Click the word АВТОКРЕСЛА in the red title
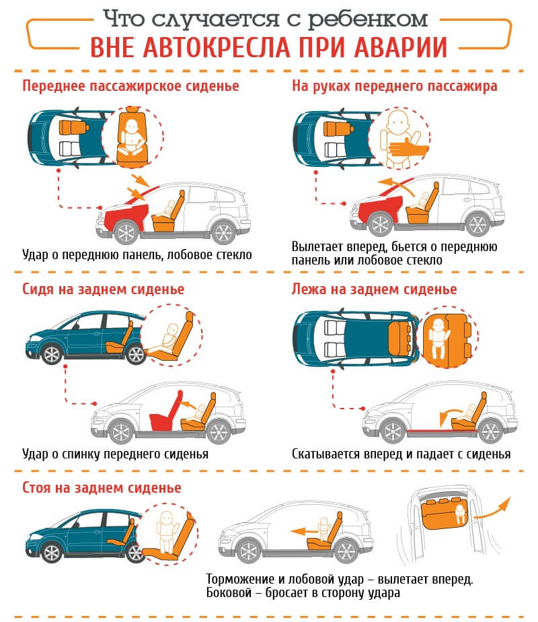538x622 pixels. coord(221,46)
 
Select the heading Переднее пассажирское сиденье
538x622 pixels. coord(130,86)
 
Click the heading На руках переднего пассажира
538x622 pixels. coord(394,86)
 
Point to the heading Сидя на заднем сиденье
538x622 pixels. coord(104,289)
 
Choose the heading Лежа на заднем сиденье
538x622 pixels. coord(375,289)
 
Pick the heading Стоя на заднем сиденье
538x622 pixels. coord(102,487)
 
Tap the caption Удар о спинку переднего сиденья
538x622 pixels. coord(115,454)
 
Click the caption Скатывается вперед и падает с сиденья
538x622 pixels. coord(401,454)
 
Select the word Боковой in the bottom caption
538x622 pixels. coord(229,593)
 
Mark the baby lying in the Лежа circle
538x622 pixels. coord(438,335)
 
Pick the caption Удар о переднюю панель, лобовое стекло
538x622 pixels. coord(137,254)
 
